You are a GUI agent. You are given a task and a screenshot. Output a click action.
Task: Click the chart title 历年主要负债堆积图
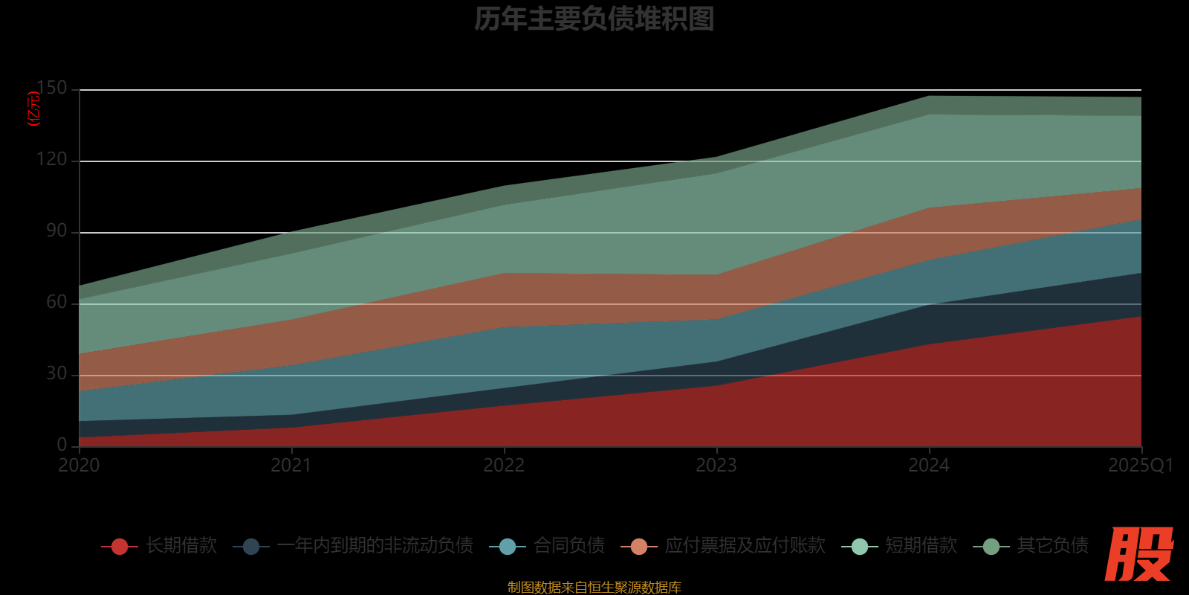[x=594, y=19]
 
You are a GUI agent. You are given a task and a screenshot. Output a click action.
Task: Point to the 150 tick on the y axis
[x=52, y=89]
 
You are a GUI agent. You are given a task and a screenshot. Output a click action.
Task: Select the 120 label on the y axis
[x=52, y=160]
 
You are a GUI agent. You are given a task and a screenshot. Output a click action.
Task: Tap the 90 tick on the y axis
[x=56, y=231]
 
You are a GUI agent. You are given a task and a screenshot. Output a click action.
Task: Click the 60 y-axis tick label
[x=56, y=303]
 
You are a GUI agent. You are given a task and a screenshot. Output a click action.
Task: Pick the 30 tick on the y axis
[x=56, y=374]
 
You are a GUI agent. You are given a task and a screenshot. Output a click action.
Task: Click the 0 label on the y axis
[x=62, y=445]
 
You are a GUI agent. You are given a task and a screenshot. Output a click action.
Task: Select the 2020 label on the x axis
[x=79, y=466]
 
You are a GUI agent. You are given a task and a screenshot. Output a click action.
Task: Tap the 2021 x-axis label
[x=291, y=466]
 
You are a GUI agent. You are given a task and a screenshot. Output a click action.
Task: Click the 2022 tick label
[x=504, y=466]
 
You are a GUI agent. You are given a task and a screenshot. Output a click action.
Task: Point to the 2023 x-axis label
[x=716, y=466]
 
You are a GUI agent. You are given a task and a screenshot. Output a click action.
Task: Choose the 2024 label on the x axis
[x=929, y=466]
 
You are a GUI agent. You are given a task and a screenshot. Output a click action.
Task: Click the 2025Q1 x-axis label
[x=1141, y=466]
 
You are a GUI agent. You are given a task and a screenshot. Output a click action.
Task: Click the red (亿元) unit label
[x=33, y=109]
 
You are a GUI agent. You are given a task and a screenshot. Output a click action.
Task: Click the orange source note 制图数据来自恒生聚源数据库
[x=594, y=588]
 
